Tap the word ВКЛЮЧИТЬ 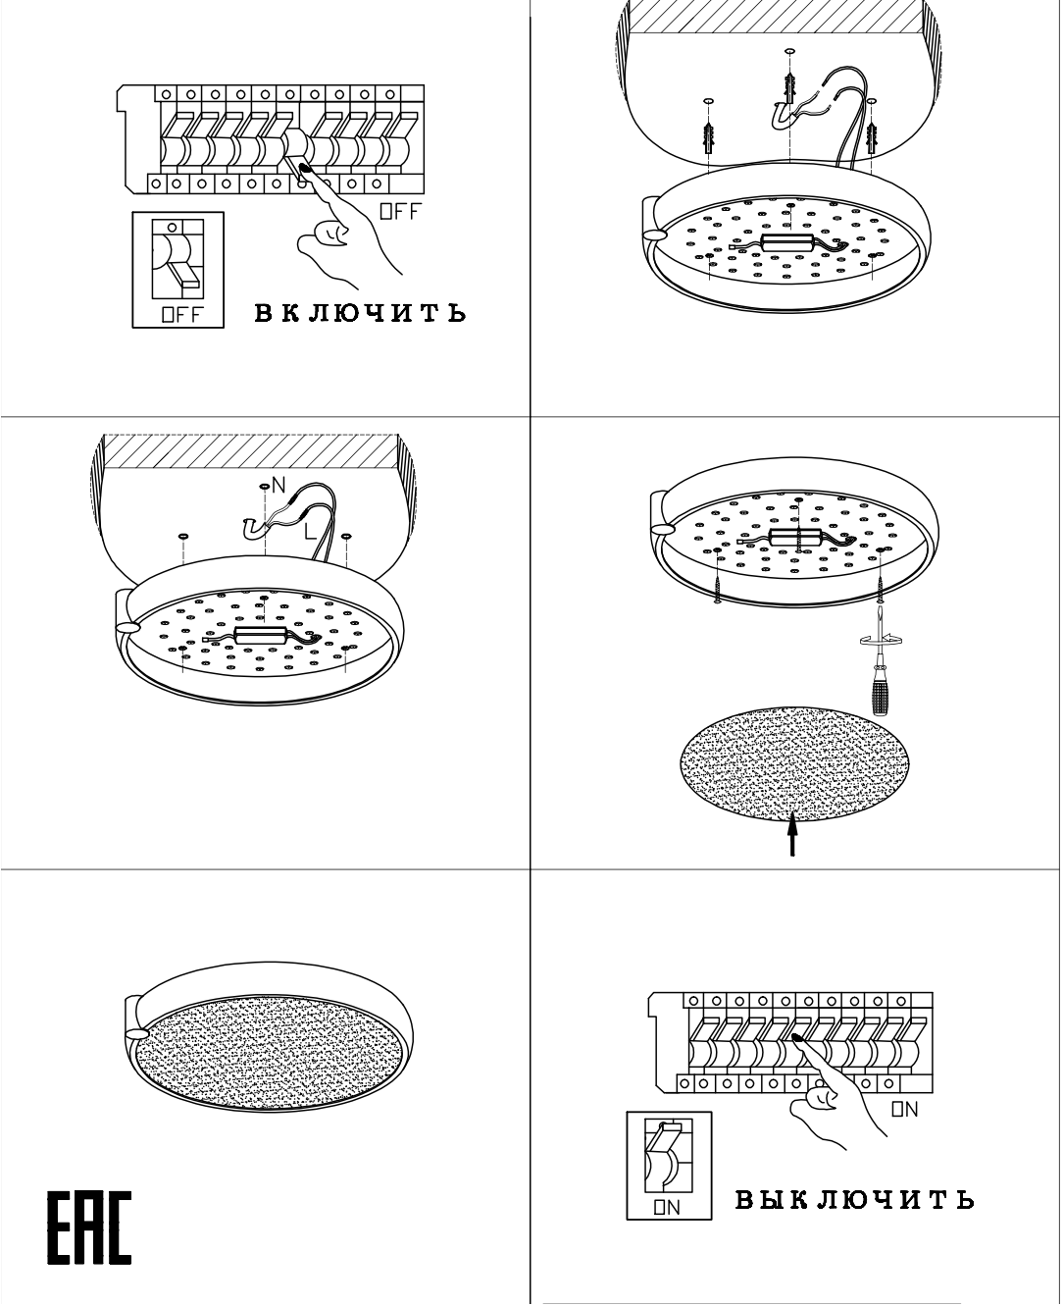pyautogui.click(x=360, y=313)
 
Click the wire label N pyautogui.click(x=278, y=485)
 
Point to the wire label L pyautogui.click(x=310, y=531)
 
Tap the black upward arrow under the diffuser pyautogui.click(x=792, y=833)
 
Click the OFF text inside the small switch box pyautogui.click(x=181, y=315)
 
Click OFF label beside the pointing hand pyautogui.click(x=401, y=212)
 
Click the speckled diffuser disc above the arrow pyautogui.click(x=794, y=763)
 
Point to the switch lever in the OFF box pyautogui.click(x=183, y=273)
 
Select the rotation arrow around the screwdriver pyautogui.click(x=881, y=640)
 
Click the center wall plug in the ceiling pyautogui.click(x=789, y=88)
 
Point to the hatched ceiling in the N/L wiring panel pyautogui.click(x=251, y=450)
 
